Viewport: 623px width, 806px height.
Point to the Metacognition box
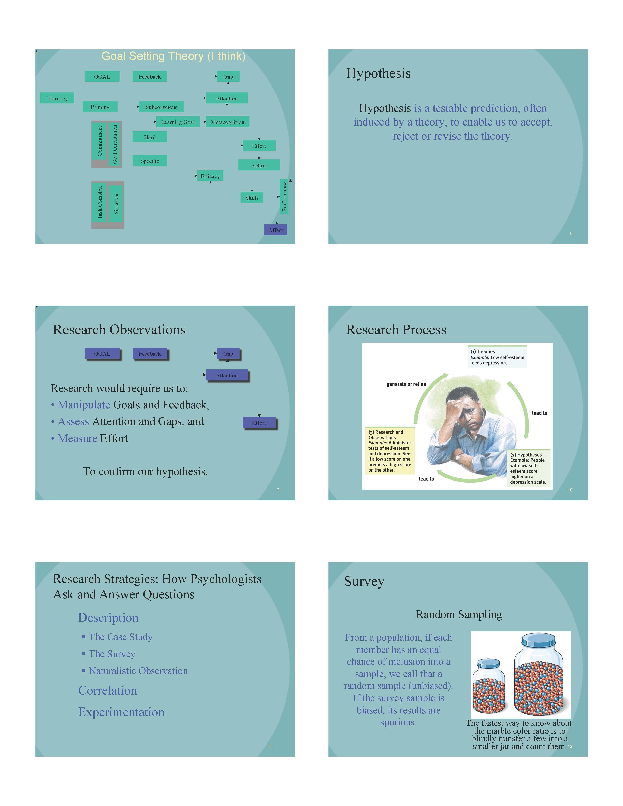pos(227,122)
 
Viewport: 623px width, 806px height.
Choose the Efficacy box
pos(210,176)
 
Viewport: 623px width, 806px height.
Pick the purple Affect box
pos(276,230)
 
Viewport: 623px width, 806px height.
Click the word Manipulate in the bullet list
pos(84,405)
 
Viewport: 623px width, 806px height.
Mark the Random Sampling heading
pos(459,615)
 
